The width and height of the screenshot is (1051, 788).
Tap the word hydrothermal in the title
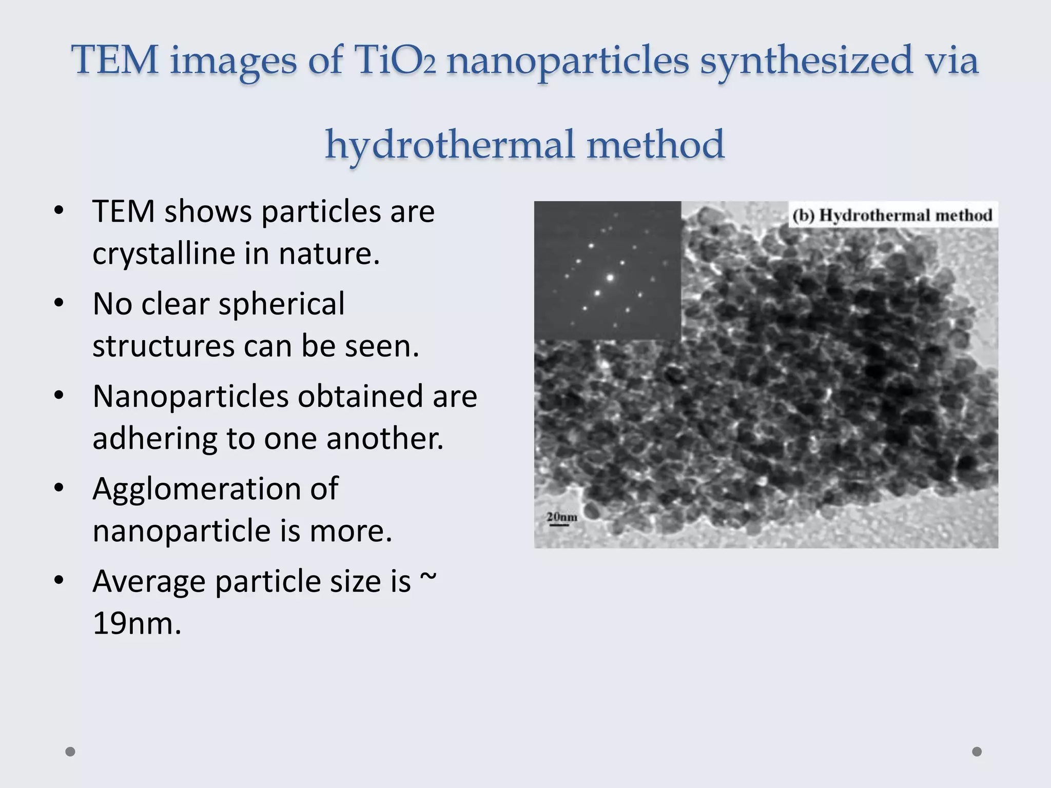(x=450, y=145)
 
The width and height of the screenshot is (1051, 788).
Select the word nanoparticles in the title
(x=567, y=61)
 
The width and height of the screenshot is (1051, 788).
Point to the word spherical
(x=282, y=304)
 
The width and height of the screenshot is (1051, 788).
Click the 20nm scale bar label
(x=562, y=517)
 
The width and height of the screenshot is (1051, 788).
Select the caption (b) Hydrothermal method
(x=892, y=215)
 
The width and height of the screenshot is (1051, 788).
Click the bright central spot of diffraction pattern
(x=610, y=278)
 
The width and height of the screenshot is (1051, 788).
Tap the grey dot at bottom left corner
(x=71, y=752)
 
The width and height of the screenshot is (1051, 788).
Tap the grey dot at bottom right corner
(x=977, y=752)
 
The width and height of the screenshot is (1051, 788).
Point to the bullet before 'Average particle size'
(x=59, y=581)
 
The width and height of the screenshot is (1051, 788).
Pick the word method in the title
(x=655, y=145)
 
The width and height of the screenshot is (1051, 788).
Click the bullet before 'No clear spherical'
(x=59, y=304)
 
